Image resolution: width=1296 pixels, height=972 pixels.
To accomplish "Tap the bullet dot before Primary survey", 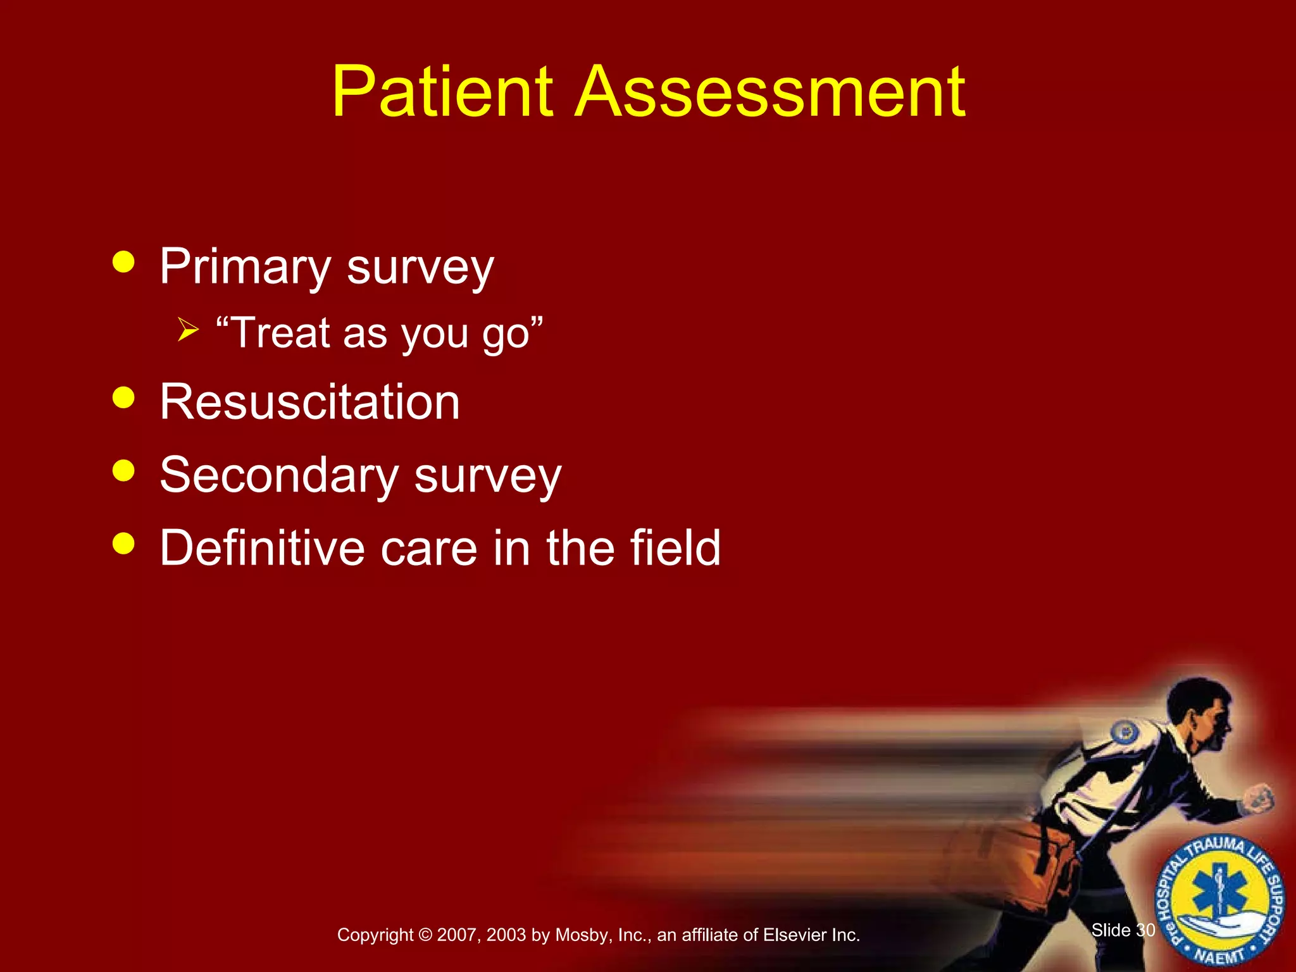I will click(123, 261).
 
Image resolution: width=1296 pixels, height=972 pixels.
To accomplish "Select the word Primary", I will click(245, 268).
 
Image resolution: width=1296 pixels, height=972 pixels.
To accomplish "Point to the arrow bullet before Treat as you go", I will click(188, 330).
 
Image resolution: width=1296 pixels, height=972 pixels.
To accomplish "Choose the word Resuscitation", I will click(309, 402).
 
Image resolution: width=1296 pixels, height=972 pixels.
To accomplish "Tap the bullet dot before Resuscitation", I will click(123, 397).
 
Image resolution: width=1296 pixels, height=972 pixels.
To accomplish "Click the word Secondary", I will click(279, 476).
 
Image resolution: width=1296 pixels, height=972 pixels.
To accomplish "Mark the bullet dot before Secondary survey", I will click(123, 470).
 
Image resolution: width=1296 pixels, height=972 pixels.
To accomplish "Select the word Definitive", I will click(262, 548).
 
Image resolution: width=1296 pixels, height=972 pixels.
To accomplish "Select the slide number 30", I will click(1145, 930).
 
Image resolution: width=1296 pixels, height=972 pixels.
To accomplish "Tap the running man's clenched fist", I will click(1259, 799).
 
